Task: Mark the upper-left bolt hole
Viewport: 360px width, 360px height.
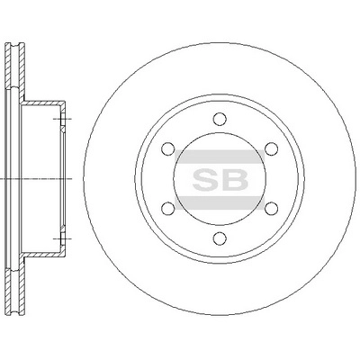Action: pos(168,148)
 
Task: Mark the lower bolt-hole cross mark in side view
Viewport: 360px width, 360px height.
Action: pos(60,238)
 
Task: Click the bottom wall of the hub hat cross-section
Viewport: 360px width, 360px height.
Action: pos(45,255)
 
